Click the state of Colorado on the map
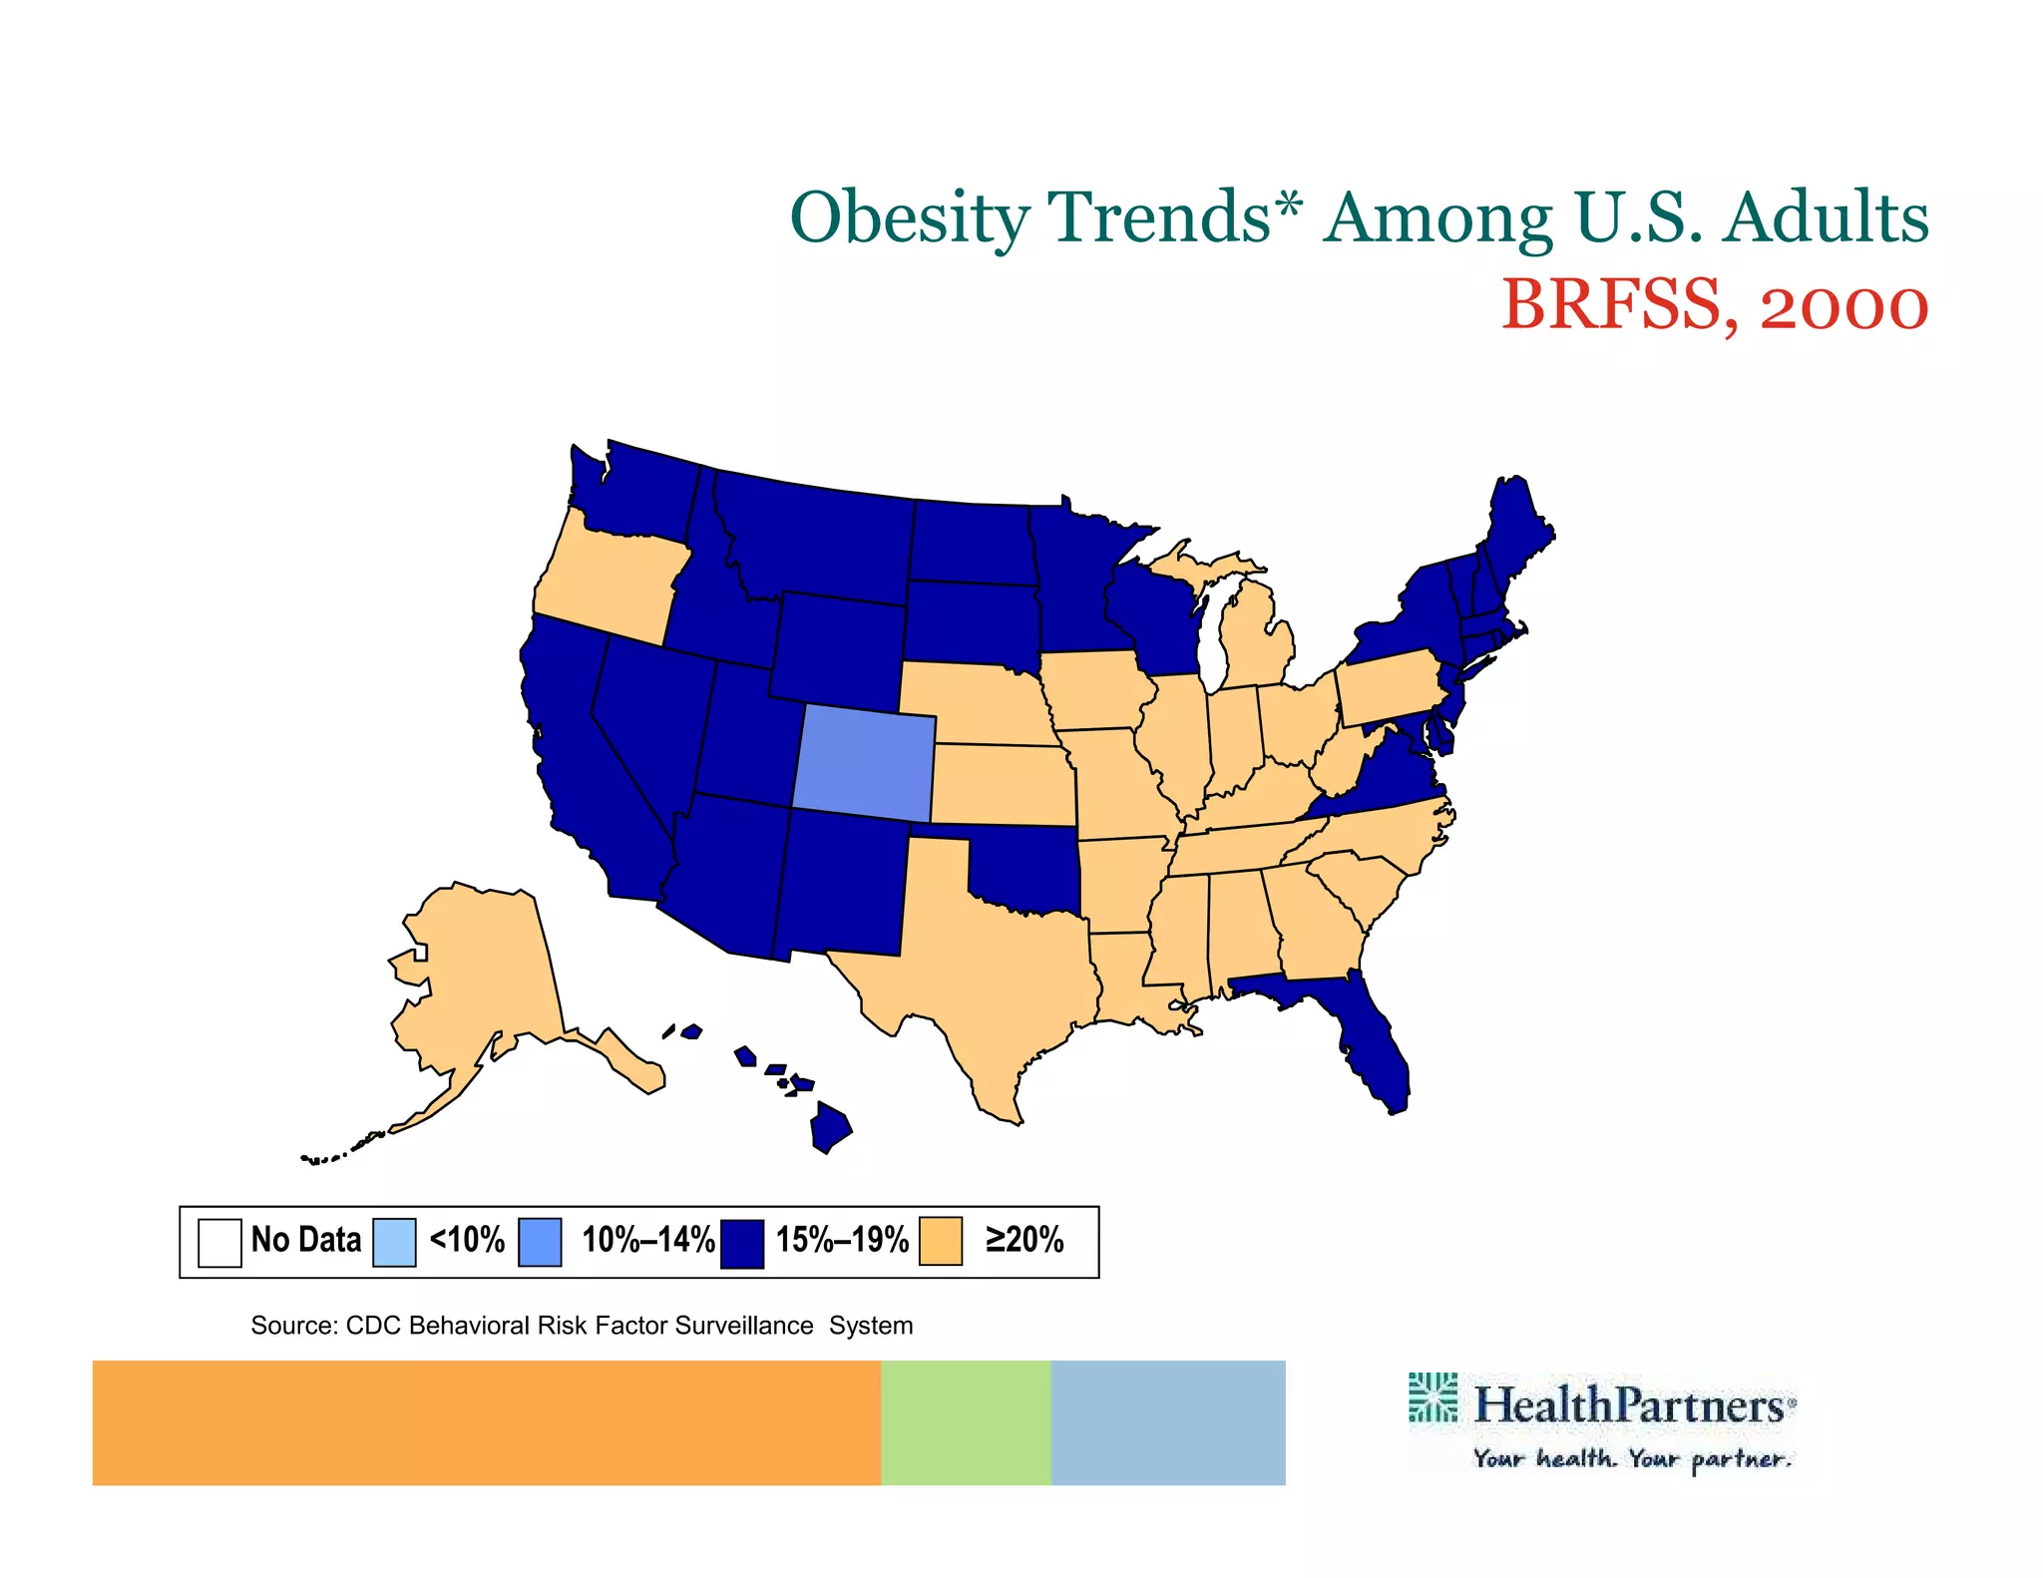[x=864, y=763]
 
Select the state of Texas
[x=988, y=958]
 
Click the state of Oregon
[x=609, y=579]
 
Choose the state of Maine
[x=1516, y=529]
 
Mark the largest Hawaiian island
[x=830, y=1127]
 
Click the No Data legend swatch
[x=219, y=1242]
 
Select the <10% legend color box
[x=394, y=1242]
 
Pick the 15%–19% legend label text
[x=842, y=1240]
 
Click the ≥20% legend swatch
[x=941, y=1242]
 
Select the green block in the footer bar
[x=965, y=1422]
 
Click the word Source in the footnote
[x=292, y=1326]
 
